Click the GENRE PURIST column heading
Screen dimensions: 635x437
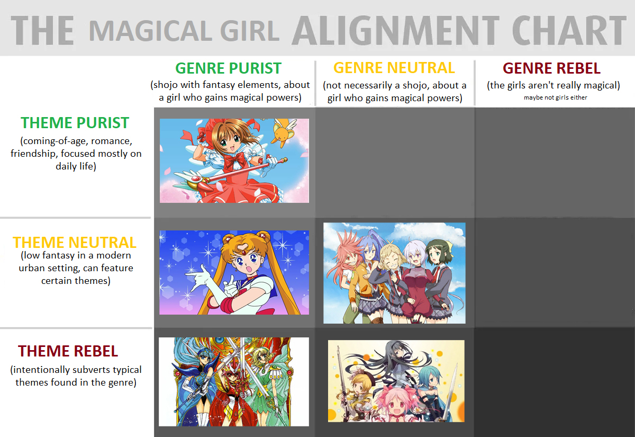pyautogui.click(x=228, y=68)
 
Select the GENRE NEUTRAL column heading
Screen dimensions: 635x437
pyautogui.click(x=394, y=68)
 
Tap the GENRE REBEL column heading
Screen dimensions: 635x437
pyautogui.click(x=551, y=68)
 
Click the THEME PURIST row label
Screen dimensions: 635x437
pyautogui.click(x=75, y=123)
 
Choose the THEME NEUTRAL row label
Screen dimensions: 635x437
pyautogui.click(x=75, y=243)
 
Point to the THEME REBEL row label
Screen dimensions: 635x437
pyautogui.click(x=68, y=351)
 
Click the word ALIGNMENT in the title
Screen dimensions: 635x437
pyautogui.click(x=395, y=30)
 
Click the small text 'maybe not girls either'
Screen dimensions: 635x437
pyautogui.click(x=555, y=97)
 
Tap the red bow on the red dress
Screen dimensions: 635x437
pyautogui.click(x=234, y=159)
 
